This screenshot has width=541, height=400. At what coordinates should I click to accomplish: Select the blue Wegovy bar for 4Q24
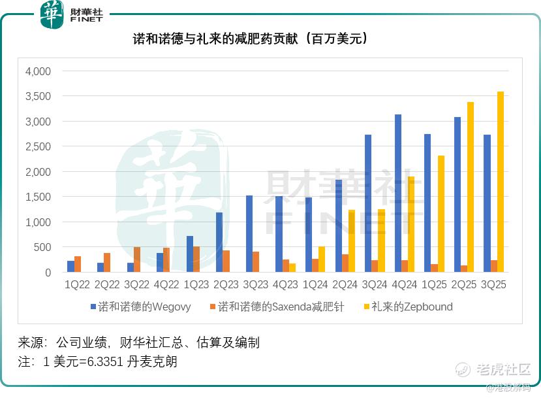click(398, 193)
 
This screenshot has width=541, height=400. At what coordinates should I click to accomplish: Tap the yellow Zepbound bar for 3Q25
click(501, 182)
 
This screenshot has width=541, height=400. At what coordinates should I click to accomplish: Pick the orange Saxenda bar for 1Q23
click(196, 259)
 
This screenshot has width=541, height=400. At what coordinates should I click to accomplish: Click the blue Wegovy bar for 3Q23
click(249, 234)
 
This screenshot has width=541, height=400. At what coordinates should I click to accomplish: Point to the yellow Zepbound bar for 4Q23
click(292, 268)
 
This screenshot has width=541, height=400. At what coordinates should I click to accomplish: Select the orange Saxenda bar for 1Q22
click(78, 264)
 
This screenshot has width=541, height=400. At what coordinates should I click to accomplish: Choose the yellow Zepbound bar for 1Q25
click(441, 214)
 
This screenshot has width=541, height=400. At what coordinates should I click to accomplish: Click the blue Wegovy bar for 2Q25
click(457, 195)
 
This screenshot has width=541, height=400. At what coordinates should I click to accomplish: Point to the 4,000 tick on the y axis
click(38, 71)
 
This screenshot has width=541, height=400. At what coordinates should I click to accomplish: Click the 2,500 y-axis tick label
click(38, 146)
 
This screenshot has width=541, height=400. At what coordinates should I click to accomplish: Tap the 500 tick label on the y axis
click(42, 247)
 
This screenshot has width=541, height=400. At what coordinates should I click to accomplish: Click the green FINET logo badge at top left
click(52, 14)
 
